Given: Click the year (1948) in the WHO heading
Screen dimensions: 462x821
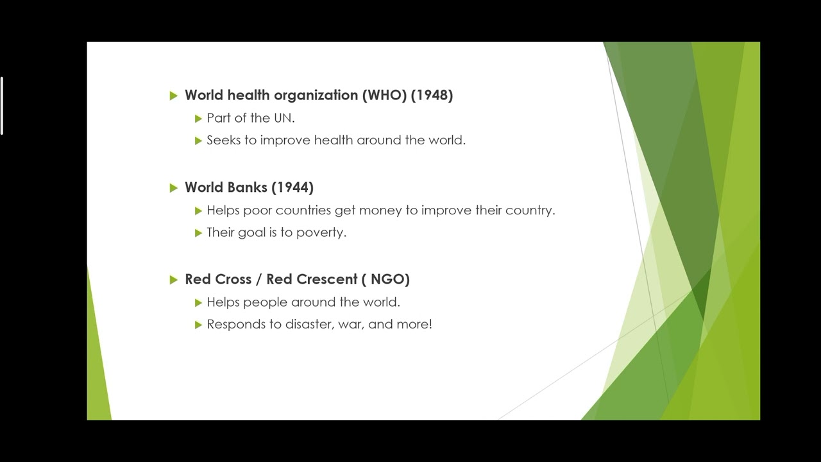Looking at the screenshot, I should (x=432, y=95).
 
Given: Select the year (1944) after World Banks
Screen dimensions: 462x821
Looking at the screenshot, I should (x=292, y=187).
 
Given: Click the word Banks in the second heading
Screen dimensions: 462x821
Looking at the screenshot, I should (x=247, y=187).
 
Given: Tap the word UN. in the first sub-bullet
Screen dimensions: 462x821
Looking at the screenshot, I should (x=284, y=118).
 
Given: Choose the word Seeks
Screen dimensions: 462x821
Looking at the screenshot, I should (x=223, y=140).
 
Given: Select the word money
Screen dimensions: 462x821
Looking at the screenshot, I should (x=380, y=210).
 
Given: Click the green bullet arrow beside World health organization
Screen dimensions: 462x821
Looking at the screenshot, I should (x=174, y=96).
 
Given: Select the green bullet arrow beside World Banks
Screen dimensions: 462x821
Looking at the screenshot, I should (x=174, y=188).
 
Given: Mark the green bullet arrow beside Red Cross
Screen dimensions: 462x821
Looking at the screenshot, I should (x=174, y=280).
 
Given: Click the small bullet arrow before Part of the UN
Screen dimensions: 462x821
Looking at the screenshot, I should (x=199, y=119).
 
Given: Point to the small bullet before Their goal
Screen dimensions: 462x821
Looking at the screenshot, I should (x=199, y=233).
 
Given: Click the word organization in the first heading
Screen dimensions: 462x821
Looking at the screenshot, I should (x=316, y=95).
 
